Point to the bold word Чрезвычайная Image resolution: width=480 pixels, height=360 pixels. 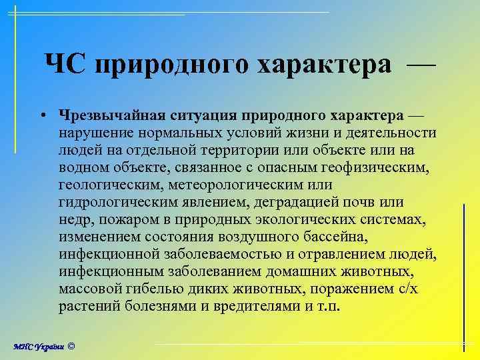[109, 115]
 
